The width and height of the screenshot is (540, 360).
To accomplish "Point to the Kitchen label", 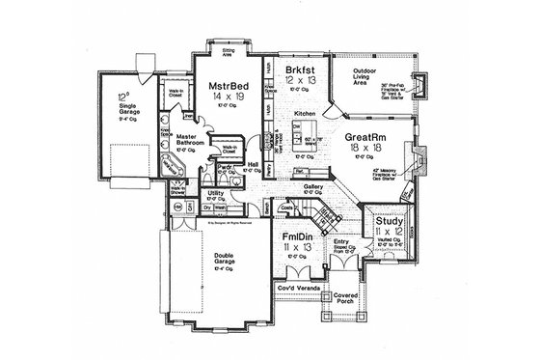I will click(305, 113).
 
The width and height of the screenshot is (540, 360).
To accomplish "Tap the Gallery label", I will click(311, 187).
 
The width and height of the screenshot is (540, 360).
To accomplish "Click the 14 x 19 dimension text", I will click(229, 98).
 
